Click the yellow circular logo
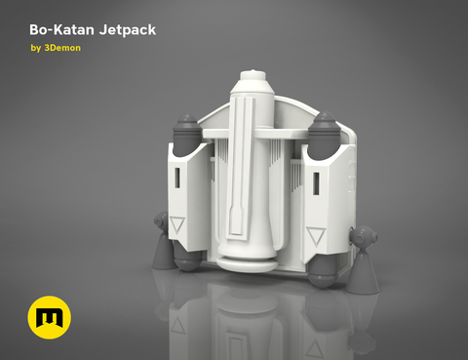(x=47, y=319)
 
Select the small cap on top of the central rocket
(x=252, y=73)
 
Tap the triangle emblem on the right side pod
(x=315, y=235)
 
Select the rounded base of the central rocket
(x=246, y=258)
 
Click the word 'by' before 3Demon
(x=36, y=48)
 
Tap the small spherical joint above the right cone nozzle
(x=361, y=236)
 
